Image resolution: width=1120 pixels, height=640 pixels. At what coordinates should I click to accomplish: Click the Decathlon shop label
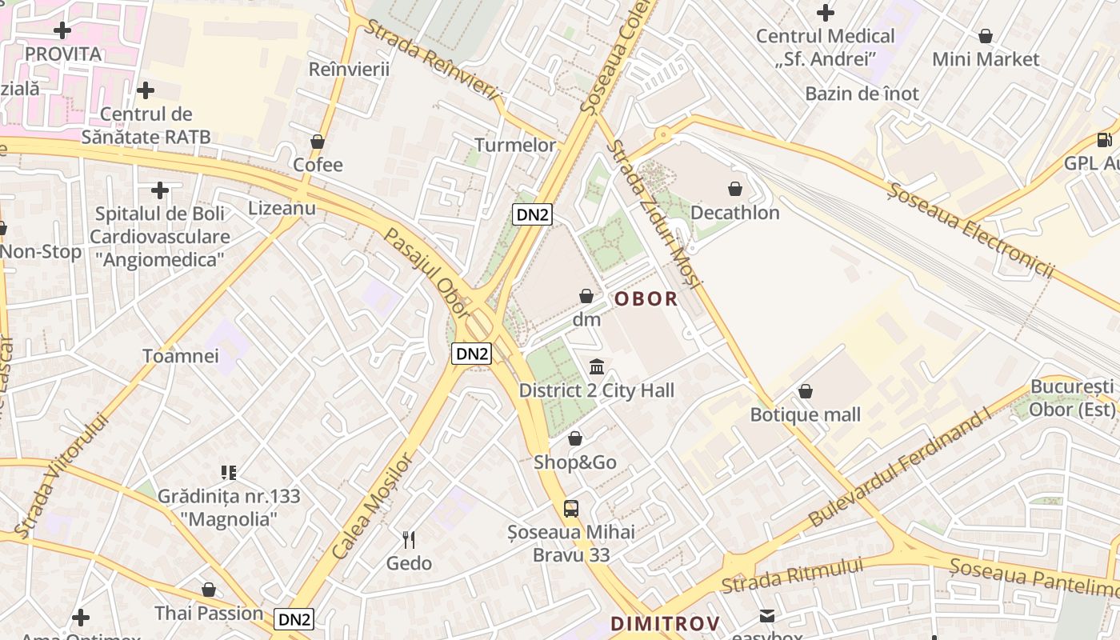tap(734, 213)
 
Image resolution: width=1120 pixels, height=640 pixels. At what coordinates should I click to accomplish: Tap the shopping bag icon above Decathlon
tap(734, 190)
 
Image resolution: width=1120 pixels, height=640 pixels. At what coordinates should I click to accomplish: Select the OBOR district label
tap(646, 299)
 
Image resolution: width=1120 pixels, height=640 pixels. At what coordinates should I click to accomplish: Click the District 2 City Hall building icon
tap(597, 367)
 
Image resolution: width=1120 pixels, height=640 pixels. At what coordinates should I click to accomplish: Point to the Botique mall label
tap(805, 414)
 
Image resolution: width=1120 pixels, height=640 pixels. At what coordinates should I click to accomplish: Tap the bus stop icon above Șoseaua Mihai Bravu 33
tap(571, 508)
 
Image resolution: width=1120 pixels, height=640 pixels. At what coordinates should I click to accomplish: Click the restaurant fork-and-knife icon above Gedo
tap(409, 540)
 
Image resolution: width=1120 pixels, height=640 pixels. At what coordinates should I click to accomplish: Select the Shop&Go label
tap(575, 462)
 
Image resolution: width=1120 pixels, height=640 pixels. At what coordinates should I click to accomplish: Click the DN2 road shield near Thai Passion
tap(294, 618)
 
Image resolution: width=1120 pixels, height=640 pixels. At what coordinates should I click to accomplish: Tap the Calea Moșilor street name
tap(374, 506)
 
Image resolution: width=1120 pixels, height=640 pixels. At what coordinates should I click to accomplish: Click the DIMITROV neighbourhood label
tap(665, 623)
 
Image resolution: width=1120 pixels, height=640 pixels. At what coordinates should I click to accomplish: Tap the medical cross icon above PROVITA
tap(62, 31)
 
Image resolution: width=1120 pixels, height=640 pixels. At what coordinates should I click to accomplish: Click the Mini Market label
tap(986, 59)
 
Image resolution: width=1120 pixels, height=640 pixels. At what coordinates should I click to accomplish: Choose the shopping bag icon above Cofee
tap(318, 142)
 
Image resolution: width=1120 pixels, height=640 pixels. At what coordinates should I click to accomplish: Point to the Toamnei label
tap(180, 356)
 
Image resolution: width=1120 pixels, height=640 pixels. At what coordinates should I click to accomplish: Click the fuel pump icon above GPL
tap(1105, 140)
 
